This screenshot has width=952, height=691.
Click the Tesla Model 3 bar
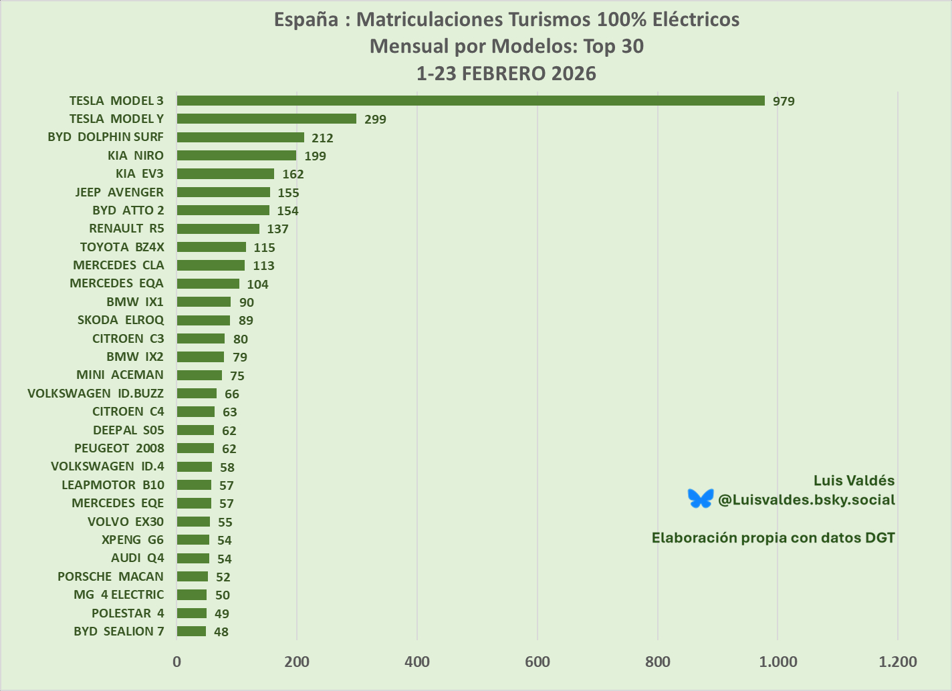point(471,101)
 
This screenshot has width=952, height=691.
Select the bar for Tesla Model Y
point(267,119)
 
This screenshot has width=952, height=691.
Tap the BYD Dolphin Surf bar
point(241,138)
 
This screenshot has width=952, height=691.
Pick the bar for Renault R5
point(218,229)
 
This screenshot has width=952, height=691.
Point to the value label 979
point(784,102)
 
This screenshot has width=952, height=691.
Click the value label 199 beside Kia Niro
point(315,156)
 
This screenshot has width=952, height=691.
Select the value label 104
point(257,284)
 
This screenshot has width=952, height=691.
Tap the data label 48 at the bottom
point(221,632)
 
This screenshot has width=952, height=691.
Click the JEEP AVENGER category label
point(119,192)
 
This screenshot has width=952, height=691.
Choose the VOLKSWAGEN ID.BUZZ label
point(96,394)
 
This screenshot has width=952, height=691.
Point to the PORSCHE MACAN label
point(110,577)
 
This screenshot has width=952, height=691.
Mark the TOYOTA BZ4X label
point(122,247)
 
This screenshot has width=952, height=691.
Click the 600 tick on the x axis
point(538,662)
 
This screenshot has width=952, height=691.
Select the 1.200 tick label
point(898,662)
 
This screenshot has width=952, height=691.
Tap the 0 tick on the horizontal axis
point(177,662)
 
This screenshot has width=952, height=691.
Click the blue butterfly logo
point(701,499)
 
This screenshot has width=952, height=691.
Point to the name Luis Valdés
point(854,480)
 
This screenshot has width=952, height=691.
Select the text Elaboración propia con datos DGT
point(773,538)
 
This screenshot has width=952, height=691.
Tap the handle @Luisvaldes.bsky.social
point(806,500)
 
